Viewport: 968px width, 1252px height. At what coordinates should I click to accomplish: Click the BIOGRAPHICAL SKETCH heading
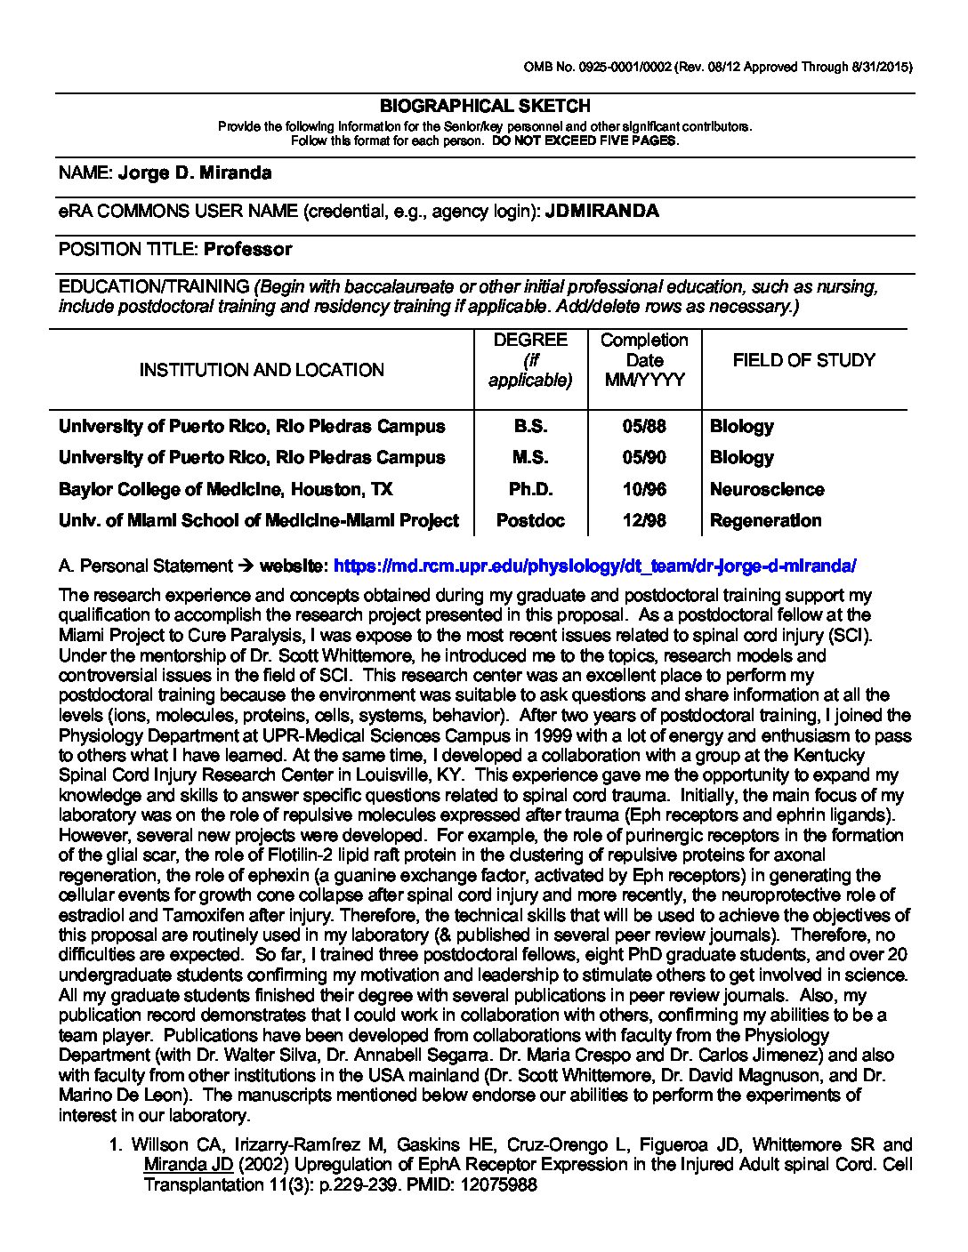485,106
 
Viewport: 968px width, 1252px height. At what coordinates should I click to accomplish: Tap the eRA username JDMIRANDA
601,211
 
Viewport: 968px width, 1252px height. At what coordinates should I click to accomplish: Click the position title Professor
247,249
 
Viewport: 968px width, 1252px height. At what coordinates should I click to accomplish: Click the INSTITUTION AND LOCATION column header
262,370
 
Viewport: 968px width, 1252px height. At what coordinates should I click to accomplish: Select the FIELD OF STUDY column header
803,360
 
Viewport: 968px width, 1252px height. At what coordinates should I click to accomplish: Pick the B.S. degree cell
530,426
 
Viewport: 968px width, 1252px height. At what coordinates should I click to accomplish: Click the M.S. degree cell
530,457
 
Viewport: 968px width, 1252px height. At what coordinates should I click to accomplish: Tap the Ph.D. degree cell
530,489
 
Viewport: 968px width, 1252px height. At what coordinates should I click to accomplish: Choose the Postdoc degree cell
530,520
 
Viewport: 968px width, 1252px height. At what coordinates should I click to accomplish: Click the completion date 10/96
644,489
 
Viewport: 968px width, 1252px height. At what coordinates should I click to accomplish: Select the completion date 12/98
644,520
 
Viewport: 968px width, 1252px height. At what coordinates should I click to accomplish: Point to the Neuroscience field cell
767,489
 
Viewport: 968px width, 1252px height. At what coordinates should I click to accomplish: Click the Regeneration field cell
765,520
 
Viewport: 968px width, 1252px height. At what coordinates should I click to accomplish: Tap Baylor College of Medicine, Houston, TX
225,489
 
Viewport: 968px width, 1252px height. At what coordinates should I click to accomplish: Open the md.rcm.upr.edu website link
594,566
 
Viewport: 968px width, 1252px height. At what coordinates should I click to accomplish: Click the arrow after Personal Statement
246,566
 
